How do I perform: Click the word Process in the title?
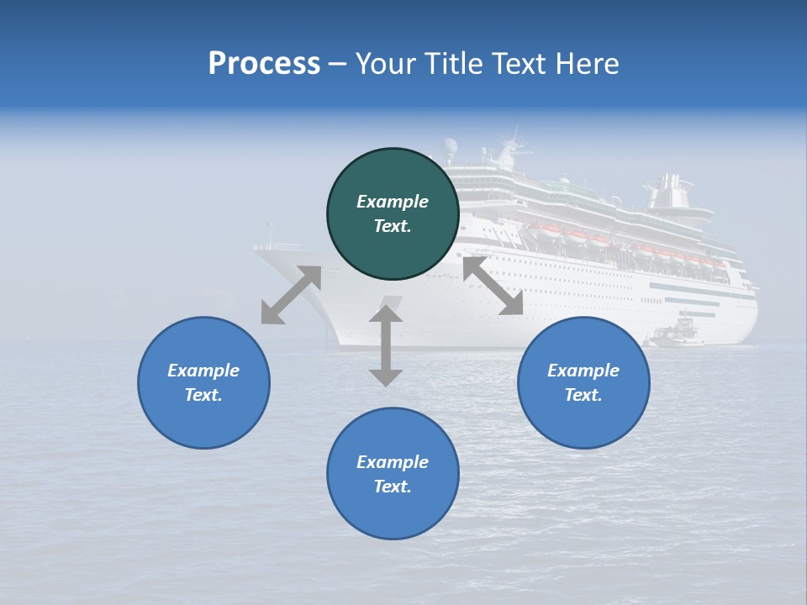coord(264,64)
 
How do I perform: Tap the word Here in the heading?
coord(586,64)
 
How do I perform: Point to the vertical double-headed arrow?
coord(386,345)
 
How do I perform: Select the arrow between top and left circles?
coord(291,295)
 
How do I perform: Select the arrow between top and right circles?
coord(493,286)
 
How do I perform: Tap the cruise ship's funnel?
coord(670,193)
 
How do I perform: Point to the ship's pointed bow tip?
coord(256,248)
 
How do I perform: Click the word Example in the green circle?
coord(393,202)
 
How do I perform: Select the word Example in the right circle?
coord(583,371)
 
